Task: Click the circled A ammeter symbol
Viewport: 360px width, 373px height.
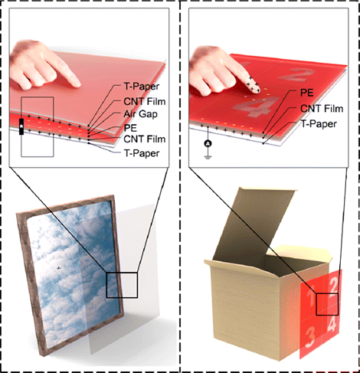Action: point(206,144)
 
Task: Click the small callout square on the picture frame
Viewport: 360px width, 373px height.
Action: point(122,285)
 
